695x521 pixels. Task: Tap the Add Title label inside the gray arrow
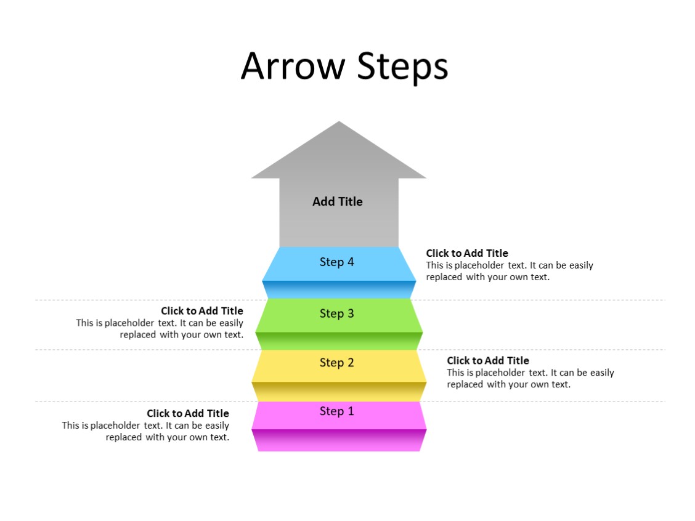(x=338, y=201)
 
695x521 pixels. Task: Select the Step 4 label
(x=337, y=262)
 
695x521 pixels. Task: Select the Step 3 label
(x=337, y=313)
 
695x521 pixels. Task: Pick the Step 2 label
(x=337, y=363)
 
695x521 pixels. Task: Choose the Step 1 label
(x=337, y=411)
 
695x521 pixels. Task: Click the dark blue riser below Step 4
(x=339, y=289)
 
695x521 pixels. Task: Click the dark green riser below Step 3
(x=339, y=341)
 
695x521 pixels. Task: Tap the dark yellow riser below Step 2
(x=339, y=391)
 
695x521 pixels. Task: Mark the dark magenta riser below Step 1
(x=339, y=440)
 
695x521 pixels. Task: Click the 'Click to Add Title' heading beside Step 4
(x=467, y=253)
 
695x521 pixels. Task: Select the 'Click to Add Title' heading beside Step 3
(x=202, y=311)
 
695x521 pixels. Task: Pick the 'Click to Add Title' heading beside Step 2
(x=488, y=360)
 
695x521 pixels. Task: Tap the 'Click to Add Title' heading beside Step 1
(x=188, y=413)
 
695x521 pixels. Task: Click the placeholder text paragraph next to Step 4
(x=509, y=272)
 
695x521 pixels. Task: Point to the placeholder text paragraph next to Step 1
(x=146, y=432)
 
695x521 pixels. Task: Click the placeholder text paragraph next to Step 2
(x=530, y=379)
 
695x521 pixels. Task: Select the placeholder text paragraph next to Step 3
(x=160, y=329)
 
